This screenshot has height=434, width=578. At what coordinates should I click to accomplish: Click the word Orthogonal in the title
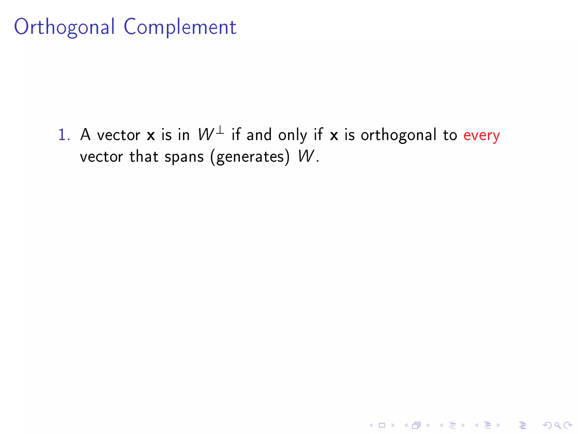[64, 27]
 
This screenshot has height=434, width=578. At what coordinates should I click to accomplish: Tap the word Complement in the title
[180, 27]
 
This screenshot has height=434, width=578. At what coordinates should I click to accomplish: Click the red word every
[481, 135]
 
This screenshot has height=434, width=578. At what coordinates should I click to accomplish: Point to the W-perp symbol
[211, 134]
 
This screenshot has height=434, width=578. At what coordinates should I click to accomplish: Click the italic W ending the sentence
[306, 156]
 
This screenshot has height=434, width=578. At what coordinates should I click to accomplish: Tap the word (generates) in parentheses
[250, 157]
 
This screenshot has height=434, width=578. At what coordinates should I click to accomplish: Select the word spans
[184, 157]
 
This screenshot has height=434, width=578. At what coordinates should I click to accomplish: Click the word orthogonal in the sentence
[399, 135]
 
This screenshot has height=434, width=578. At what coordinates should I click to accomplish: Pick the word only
[292, 135]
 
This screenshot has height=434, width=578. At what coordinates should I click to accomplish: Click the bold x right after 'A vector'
[151, 135]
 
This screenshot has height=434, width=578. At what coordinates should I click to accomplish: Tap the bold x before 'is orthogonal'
[334, 135]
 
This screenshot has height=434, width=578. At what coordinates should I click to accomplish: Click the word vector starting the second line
[101, 157]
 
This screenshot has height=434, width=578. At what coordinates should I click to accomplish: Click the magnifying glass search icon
[558, 425]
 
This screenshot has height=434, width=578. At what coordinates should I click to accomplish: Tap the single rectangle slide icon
[382, 425]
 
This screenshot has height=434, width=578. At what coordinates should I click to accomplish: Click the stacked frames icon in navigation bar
[417, 425]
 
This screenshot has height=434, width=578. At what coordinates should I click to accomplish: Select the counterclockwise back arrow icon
[547, 425]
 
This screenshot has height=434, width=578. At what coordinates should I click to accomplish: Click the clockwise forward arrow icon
[568, 425]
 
